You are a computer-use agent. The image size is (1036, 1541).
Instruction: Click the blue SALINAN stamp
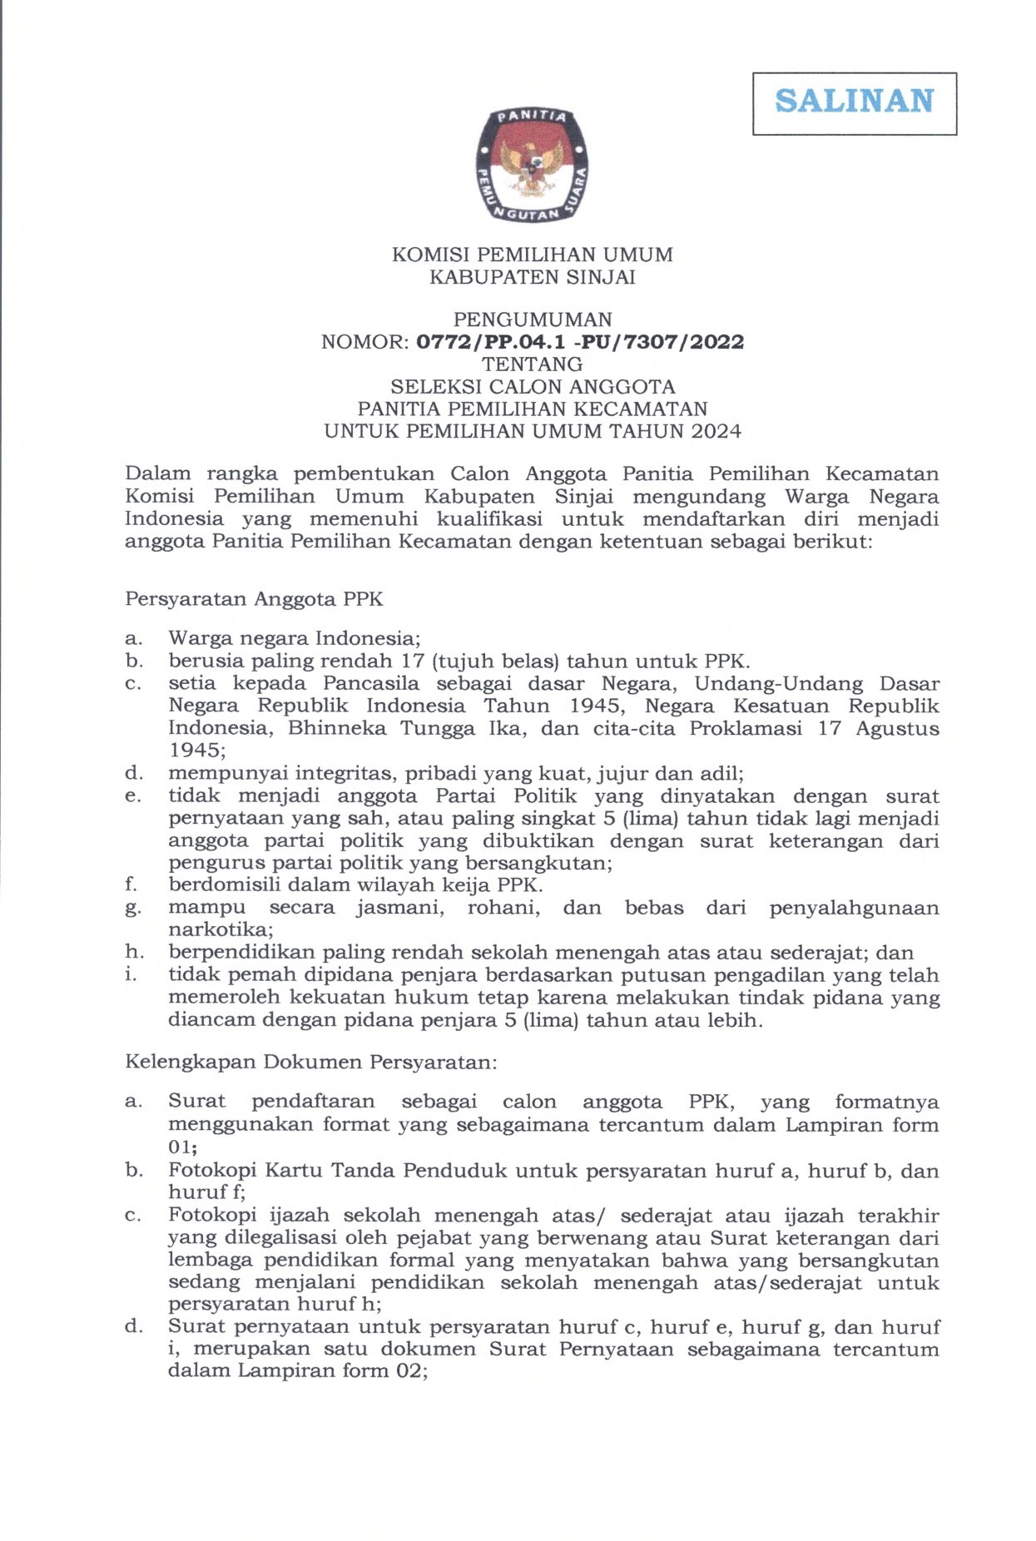pos(854,102)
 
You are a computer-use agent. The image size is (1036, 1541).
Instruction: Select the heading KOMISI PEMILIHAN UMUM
pos(532,255)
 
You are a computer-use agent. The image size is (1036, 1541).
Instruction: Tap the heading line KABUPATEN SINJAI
pos(532,277)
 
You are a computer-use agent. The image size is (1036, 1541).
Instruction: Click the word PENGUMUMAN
pos(532,320)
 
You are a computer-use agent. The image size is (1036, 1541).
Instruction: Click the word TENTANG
pos(532,364)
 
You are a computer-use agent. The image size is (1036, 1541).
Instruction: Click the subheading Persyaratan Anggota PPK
pos(254,599)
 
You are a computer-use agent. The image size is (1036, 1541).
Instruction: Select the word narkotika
pos(220,929)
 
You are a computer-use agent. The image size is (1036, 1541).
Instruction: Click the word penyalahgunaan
pos(854,908)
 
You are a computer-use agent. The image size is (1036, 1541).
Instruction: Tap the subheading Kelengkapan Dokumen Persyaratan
pos(310,1063)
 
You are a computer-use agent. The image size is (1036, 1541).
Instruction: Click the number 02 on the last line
pos(411,1370)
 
